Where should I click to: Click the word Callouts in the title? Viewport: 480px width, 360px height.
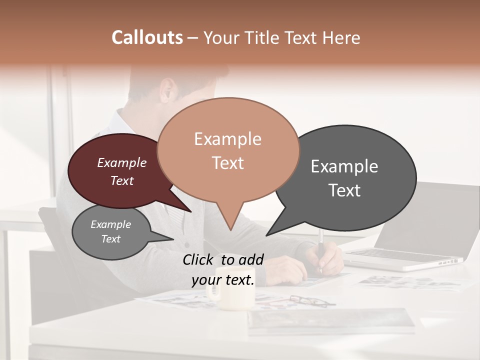pyautogui.click(x=147, y=37)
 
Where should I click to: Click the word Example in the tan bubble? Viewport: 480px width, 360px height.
pyautogui.click(x=228, y=139)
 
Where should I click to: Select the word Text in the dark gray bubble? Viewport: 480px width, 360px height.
pyautogui.click(x=344, y=190)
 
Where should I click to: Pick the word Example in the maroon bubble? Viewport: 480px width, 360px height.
pyautogui.click(x=122, y=162)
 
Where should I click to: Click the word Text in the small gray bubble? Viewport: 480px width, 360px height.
pyautogui.click(x=111, y=239)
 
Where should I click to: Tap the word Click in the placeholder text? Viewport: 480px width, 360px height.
pyautogui.click(x=198, y=259)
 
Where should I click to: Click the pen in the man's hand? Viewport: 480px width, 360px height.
pyautogui.click(x=320, y=250)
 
